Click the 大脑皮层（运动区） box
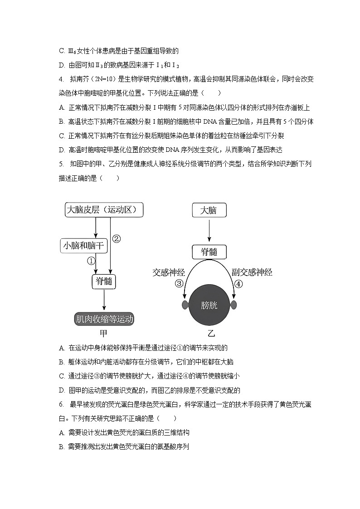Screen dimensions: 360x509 104,210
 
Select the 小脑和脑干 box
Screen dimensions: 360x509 83,246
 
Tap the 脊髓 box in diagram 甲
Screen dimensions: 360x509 104,281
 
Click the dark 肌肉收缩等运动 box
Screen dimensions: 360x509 105,319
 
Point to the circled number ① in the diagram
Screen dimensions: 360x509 91,261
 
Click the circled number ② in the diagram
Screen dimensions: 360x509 117,238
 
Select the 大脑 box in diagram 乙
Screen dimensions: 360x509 209,210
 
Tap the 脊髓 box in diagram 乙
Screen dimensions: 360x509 209,252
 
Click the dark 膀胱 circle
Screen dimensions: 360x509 209,305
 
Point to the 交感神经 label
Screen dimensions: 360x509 169,272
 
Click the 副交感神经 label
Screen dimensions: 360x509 252,272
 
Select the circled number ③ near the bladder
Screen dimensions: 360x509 179,284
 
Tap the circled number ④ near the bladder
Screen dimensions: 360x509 238,284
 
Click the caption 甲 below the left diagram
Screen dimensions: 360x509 104,334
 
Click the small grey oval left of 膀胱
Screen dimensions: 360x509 185,305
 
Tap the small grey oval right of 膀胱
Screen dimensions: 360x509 234,305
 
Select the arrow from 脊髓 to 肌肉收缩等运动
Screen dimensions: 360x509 104,300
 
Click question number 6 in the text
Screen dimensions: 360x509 61,404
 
